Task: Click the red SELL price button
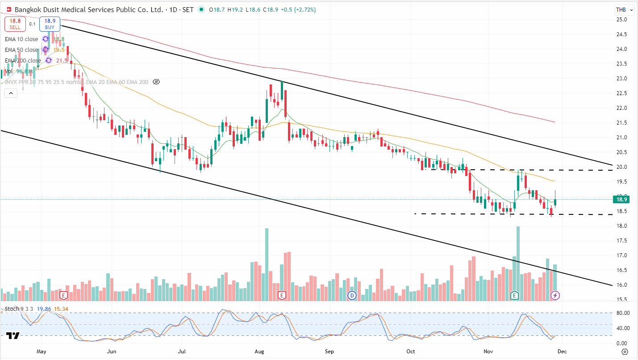click(15, 24)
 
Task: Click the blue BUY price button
click(50, 24)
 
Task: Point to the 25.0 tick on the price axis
click(621, 20)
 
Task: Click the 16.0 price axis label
click(621, 285)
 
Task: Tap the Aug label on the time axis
click(259, 352)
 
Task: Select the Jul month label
click(182, 352)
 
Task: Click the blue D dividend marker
click(352, 295)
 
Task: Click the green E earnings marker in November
click(514, 295)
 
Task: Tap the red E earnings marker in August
click(282, 295)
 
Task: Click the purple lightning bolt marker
click(555, 295)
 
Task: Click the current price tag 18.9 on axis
click(622, 199)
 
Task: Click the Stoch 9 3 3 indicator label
click(18, 309)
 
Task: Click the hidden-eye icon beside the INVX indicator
click(156, 82)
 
